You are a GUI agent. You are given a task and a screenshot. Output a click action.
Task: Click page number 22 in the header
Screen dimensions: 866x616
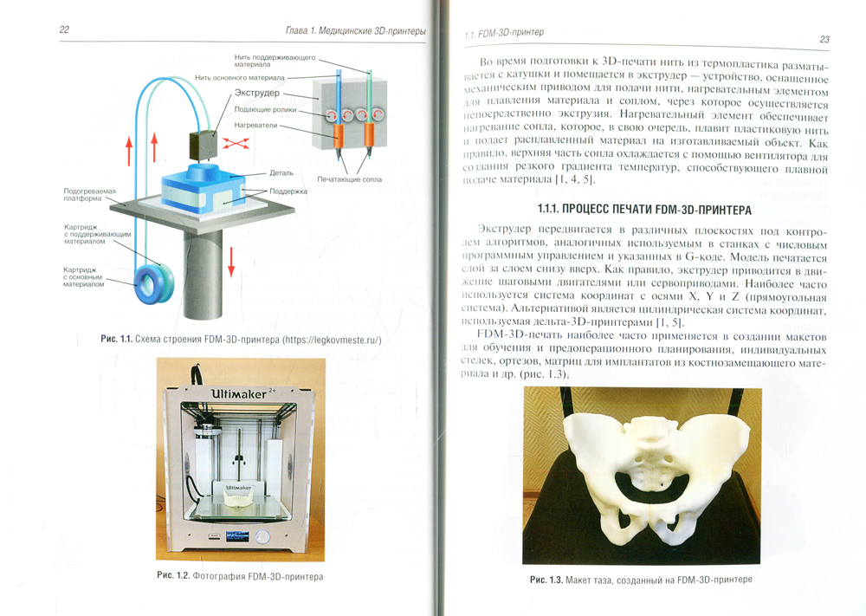click(x=64, y=29)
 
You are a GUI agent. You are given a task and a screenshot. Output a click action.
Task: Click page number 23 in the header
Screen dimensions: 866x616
click(x=824, y=39)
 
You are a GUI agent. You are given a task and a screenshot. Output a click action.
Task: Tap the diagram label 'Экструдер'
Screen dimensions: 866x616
click(x=257, y=93)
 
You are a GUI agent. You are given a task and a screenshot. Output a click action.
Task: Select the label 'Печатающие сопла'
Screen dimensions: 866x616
click(x=349, y=179)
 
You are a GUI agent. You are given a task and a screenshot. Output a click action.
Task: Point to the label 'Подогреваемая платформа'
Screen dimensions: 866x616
click(x=89, y=195)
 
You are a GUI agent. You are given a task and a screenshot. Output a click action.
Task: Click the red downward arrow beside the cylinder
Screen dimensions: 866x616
click(x=231, y=262)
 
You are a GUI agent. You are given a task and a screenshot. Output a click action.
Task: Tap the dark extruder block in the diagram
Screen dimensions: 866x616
click(x=202, y=146)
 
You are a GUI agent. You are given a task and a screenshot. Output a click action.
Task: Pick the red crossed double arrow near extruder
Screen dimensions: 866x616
click(x=236, y=143)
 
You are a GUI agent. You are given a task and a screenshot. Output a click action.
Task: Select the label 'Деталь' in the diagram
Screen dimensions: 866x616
click(x=281, y=173)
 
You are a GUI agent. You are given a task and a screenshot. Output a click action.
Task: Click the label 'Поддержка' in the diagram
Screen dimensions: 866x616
click(x=288, y=191)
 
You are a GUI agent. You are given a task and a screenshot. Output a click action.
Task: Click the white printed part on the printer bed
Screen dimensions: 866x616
click(x=239, y=501)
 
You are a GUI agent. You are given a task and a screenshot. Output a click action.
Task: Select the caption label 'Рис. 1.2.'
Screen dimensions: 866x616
click(x=173, y=575)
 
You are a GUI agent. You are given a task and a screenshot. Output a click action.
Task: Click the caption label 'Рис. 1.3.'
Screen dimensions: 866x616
click(x=546, y=580)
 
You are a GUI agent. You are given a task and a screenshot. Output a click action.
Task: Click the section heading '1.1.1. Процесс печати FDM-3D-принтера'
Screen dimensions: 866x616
click(x=644, y=210)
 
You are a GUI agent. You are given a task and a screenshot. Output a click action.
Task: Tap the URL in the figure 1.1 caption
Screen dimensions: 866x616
click(x=332, y=340)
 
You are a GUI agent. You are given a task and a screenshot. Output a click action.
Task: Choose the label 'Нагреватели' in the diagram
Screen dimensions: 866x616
click(x=255, y=125)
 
